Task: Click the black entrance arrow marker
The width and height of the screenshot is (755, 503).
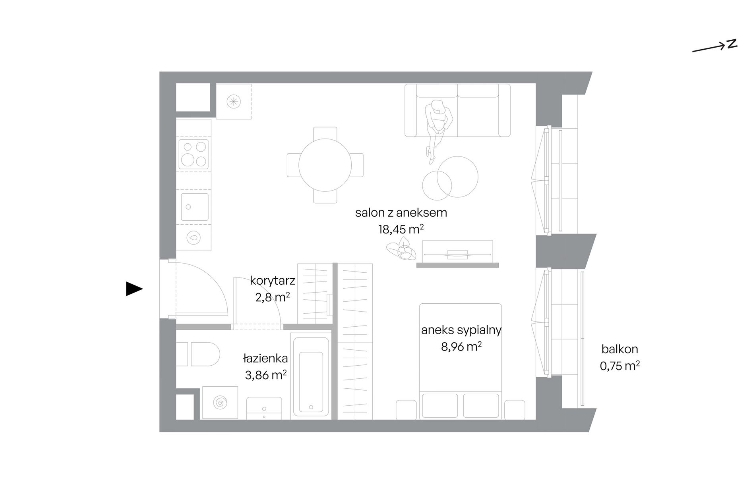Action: point(134,289)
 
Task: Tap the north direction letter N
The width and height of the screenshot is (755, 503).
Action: point(732,44)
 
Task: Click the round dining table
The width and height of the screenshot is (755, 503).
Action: point(325,165)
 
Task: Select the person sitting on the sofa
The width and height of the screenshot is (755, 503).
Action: point(438,129)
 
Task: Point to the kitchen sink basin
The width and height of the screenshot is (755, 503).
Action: point(195,207)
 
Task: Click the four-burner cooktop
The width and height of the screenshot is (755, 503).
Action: point(194,154)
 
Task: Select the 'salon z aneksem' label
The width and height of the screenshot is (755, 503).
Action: point(401,213)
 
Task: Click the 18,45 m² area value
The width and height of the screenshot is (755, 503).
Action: point(401,229)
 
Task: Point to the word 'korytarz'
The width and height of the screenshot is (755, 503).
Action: point(273,281)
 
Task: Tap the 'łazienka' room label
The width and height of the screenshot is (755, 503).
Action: point(265,358)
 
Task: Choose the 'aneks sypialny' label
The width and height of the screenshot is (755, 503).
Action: point(461,330)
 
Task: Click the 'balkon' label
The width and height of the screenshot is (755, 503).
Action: point(620,349)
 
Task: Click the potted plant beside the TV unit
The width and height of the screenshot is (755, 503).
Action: point(401,249)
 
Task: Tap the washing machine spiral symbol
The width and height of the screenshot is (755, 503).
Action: point(220,403)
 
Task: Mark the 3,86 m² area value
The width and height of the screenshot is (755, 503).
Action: point(266,375)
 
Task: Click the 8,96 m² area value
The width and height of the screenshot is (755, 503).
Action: point(461,347)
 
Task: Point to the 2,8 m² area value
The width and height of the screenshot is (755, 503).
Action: point(273,297)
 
